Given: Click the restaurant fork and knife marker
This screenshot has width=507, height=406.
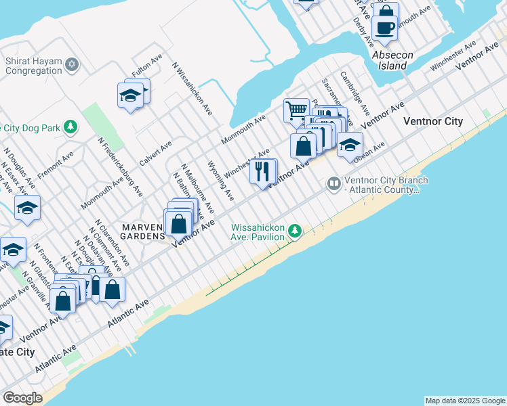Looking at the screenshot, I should (263, 171).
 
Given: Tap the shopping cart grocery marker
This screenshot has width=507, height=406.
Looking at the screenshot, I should (296, 110).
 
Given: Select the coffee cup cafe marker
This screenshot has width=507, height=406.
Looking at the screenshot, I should (385, 28).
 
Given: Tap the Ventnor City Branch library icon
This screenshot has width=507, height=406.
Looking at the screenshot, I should (333, 183).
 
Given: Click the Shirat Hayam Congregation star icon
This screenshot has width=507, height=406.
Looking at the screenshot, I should (72, 66).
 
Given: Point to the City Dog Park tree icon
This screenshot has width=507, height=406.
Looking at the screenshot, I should (69, 127).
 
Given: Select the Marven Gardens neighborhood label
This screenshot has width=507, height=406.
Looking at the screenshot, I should (143, 231).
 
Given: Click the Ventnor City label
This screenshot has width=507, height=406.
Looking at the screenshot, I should (432, 122).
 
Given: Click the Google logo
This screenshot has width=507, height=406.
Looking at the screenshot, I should (23, 398).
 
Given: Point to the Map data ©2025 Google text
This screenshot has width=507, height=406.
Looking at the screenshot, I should (465, 401).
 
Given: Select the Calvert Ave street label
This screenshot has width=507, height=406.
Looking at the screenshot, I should (156, 151).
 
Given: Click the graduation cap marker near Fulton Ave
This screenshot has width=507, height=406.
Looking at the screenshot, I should (130, 95).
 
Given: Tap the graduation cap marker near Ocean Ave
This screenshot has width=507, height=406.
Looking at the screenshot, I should (350, 145).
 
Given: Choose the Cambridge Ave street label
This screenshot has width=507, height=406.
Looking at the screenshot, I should (355, 93).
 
